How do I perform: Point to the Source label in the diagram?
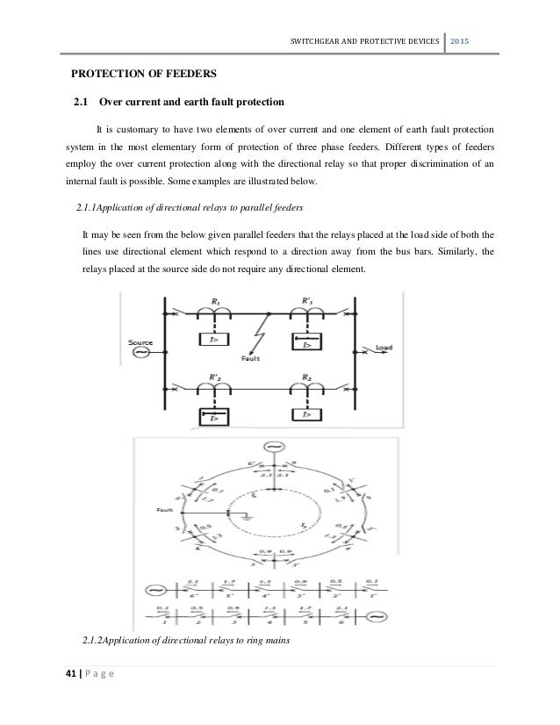pyautogui.click(x=140, y=342)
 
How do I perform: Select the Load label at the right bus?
pyautogui.click(x=384, y=347)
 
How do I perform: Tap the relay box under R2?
pyautogui.click(x=307, y=412)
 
